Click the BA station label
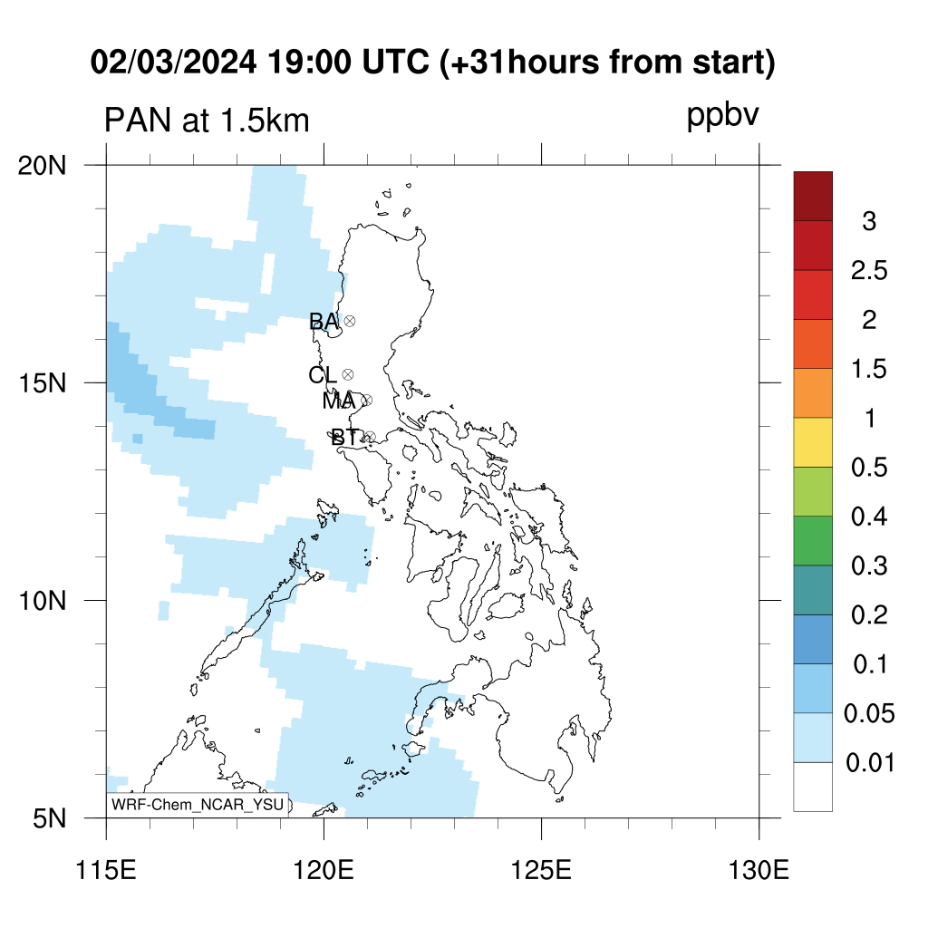point(324,322)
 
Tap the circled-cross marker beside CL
point(348,374)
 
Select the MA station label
point(339,401)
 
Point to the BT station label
point(345,438)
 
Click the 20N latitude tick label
point(42,166)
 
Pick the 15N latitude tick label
point(42,383)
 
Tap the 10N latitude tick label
point(42,601)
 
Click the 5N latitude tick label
point(49,818)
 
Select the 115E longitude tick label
point(107,871)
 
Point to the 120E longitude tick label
point(324,871)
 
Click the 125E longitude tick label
point(541,871)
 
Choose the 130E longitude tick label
point(759,871)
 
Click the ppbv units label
point(722,116)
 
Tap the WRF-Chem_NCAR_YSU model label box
point(198,805)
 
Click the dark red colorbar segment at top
point(813,197)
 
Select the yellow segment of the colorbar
point(813,442)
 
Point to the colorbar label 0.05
point(869,714)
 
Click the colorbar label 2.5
point(869,270)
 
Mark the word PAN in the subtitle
point(138,121)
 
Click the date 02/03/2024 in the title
point(173,62)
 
